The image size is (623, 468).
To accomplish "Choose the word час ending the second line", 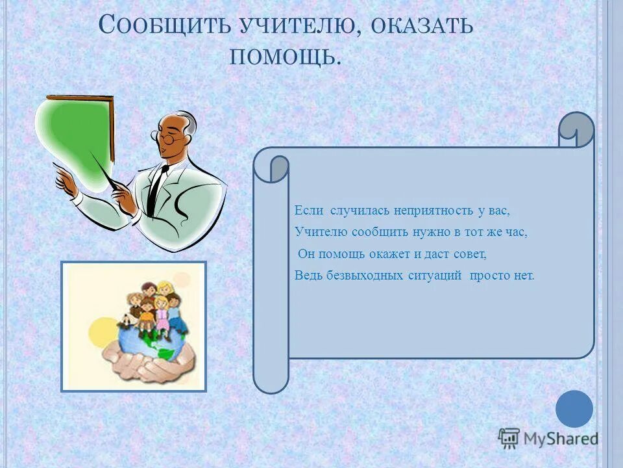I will coord(517,231).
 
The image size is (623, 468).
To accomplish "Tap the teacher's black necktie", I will coord(156,188).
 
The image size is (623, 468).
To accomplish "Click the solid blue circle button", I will coord(574,409).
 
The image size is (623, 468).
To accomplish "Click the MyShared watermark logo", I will coord(548,438).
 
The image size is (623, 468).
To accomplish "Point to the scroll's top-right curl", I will coord(576,129).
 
